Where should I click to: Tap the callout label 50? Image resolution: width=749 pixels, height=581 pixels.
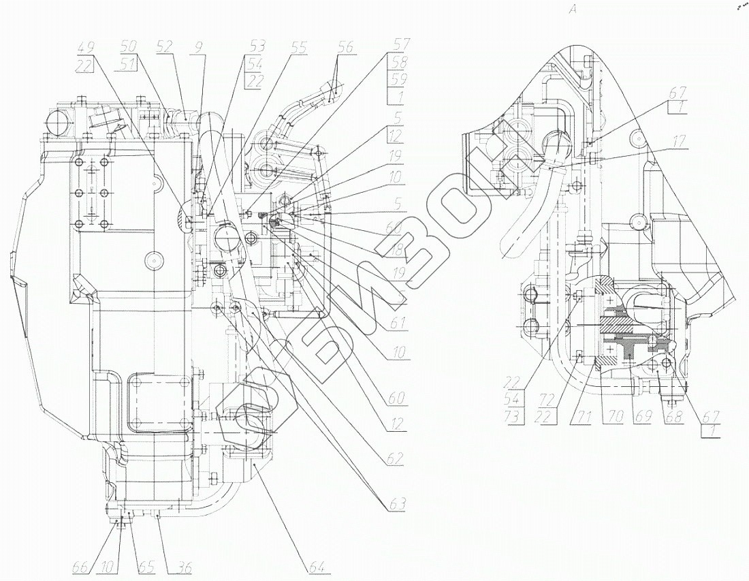coord(128,48)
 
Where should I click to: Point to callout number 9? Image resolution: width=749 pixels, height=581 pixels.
coord(197,48)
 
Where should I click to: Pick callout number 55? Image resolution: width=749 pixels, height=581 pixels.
coord(300,48)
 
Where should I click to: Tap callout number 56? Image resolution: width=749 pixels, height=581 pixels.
coord(345,48)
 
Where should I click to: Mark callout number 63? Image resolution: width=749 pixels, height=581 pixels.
coord(396,505)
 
